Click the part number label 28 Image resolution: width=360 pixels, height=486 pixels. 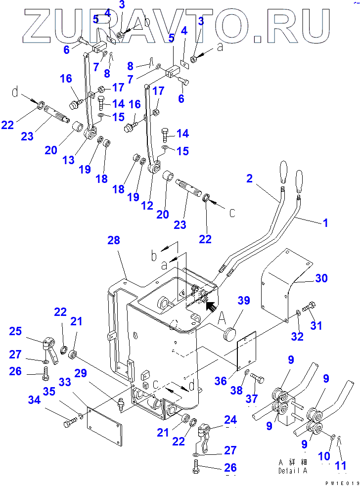point(113,240)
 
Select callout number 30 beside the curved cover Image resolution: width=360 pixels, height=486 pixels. point(321,278)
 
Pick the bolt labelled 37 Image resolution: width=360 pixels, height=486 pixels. point(257,380)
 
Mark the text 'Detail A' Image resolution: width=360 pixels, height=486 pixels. point(292,470)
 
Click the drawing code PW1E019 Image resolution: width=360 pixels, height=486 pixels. point(341,483)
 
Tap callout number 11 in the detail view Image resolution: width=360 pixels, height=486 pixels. point(340,465)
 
